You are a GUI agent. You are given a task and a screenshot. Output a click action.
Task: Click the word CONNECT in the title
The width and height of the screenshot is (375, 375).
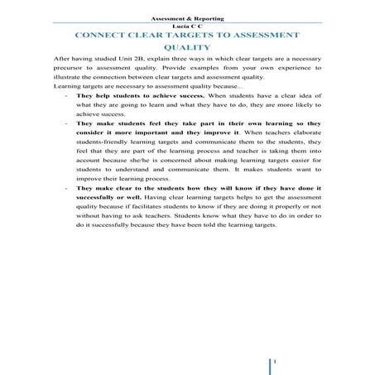tap(103, 37)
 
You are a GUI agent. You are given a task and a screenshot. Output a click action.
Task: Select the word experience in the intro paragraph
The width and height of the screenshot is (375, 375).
tap(287, 72)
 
